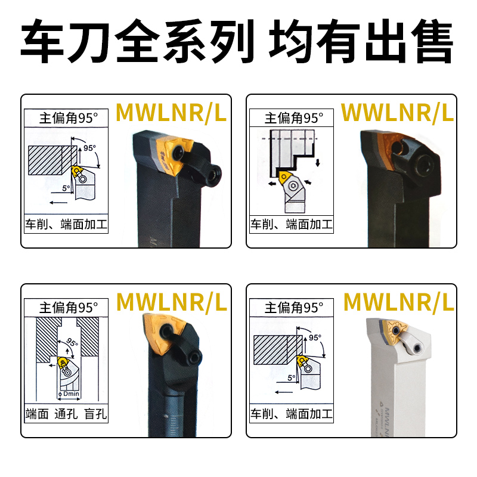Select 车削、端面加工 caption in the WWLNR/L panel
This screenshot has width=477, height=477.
coord(291,225)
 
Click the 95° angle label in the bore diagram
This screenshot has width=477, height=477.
coord(72,343)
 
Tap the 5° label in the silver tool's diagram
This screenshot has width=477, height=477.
coord(292,378)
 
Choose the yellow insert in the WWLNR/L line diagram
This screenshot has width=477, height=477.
coord(283,177)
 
